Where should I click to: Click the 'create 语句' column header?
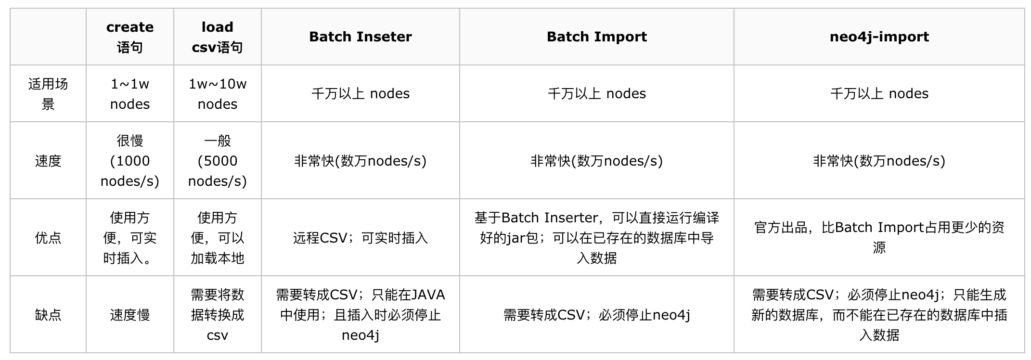[130, 37]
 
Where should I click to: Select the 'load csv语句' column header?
[217, 37]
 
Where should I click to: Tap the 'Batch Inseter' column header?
[361, 37]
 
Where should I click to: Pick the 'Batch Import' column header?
[597, 37]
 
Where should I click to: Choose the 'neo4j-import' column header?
[879, 37]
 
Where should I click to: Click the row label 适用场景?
[48, 94]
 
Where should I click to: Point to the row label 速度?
[48, 161]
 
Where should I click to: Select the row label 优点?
[48, 238]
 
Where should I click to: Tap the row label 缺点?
[48, 315]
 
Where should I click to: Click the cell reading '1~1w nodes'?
[130, 94]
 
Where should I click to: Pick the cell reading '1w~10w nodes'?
[217, 94]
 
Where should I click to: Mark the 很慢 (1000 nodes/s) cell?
[130, 161]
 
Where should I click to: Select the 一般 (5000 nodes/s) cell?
[217, 161]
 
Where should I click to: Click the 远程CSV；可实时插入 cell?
[361, 238]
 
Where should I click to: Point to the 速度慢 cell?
[130, 315]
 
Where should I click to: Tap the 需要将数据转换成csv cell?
[217, 315]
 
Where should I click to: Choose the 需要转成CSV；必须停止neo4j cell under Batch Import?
[597, 315]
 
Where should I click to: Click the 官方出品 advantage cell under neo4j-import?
[879, 237]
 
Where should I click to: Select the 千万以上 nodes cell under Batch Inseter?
[361, 93]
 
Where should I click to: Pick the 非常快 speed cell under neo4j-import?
[879, 161]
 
